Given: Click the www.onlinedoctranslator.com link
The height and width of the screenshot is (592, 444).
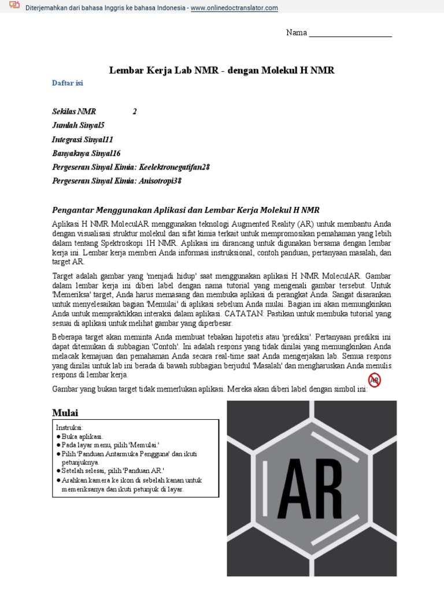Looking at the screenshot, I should tap(234, 8).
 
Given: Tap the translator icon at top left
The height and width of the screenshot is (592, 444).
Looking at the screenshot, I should tap(14, 6).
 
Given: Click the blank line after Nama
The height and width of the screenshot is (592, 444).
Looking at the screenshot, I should tap(350, 34).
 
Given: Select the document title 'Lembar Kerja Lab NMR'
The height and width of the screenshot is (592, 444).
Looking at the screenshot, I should tap(222, 71).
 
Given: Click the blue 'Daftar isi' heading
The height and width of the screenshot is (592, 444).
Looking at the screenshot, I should tap(68, 83).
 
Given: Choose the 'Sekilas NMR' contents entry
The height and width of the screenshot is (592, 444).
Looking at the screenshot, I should tap(74, 112).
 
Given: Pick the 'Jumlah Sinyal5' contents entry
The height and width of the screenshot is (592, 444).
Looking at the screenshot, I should tap(78, 125).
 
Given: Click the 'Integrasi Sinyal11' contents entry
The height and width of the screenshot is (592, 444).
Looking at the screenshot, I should tap(82, 139).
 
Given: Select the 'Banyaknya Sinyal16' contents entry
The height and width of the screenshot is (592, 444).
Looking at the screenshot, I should tap(86, 153).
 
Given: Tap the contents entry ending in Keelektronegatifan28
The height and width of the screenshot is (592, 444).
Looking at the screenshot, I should tap(131, 167).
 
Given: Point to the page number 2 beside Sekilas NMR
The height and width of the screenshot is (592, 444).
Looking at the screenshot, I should tap(135, 112).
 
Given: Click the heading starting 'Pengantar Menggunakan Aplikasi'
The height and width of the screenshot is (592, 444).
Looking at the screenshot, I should tap(186, 210).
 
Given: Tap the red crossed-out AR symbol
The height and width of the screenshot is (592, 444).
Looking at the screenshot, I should tap(375, 380).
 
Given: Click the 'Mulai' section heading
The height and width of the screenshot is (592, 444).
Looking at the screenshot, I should tap(65, 413).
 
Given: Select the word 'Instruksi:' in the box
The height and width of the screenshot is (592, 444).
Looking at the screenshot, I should tap(70, 427).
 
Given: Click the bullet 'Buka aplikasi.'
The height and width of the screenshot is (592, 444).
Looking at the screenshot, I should tap(81, 436).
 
